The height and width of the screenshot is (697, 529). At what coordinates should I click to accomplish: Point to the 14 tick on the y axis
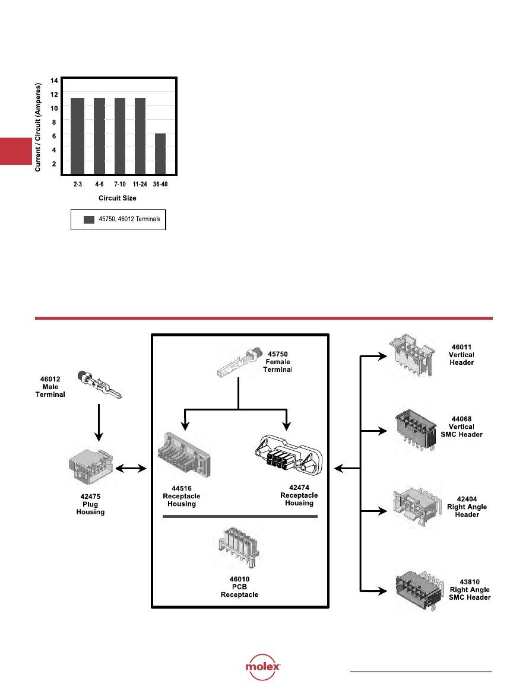point(54,80)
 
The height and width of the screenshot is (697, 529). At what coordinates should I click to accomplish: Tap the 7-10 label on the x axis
point(119,184)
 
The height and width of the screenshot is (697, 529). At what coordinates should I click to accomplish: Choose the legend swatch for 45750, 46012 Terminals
point(89,219)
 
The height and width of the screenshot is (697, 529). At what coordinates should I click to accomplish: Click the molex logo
point(264,669)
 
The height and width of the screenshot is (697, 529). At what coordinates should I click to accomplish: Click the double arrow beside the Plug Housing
point(131,469)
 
